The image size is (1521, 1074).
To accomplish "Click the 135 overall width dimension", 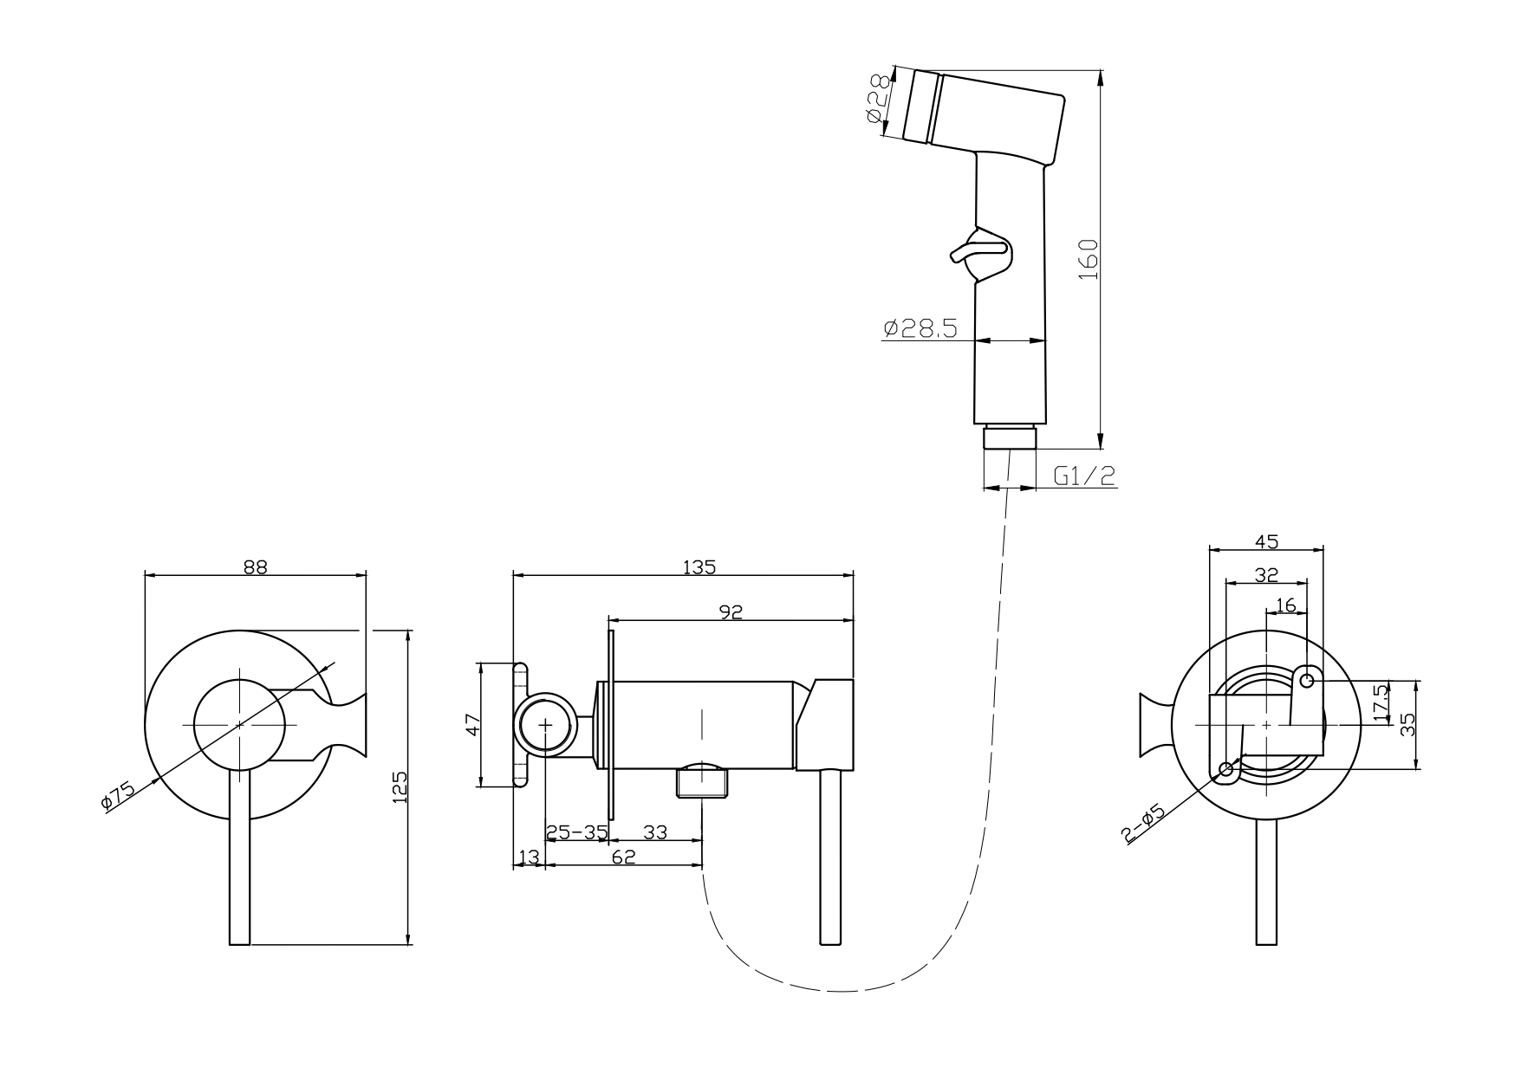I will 699,567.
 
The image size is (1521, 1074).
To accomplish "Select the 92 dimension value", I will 731,612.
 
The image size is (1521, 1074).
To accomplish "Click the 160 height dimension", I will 1089,259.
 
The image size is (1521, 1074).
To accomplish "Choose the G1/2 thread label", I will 1083,476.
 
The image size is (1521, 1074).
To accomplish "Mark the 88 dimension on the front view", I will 255,566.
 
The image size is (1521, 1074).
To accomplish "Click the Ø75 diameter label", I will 118,794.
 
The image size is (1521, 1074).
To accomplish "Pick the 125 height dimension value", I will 400,788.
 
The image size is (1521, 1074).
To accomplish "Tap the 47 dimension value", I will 473,724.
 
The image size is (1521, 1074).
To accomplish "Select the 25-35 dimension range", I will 575,832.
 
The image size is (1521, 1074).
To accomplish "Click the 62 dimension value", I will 623,857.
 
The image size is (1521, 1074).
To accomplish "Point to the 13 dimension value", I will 528,857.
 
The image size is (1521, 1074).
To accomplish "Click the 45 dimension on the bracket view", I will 1266,541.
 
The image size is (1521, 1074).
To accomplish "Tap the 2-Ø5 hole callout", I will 1142,825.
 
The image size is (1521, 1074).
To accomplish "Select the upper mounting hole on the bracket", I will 1308,681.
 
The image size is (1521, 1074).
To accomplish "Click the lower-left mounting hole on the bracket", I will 1225,769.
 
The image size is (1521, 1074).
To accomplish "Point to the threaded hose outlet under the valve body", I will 702,783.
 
